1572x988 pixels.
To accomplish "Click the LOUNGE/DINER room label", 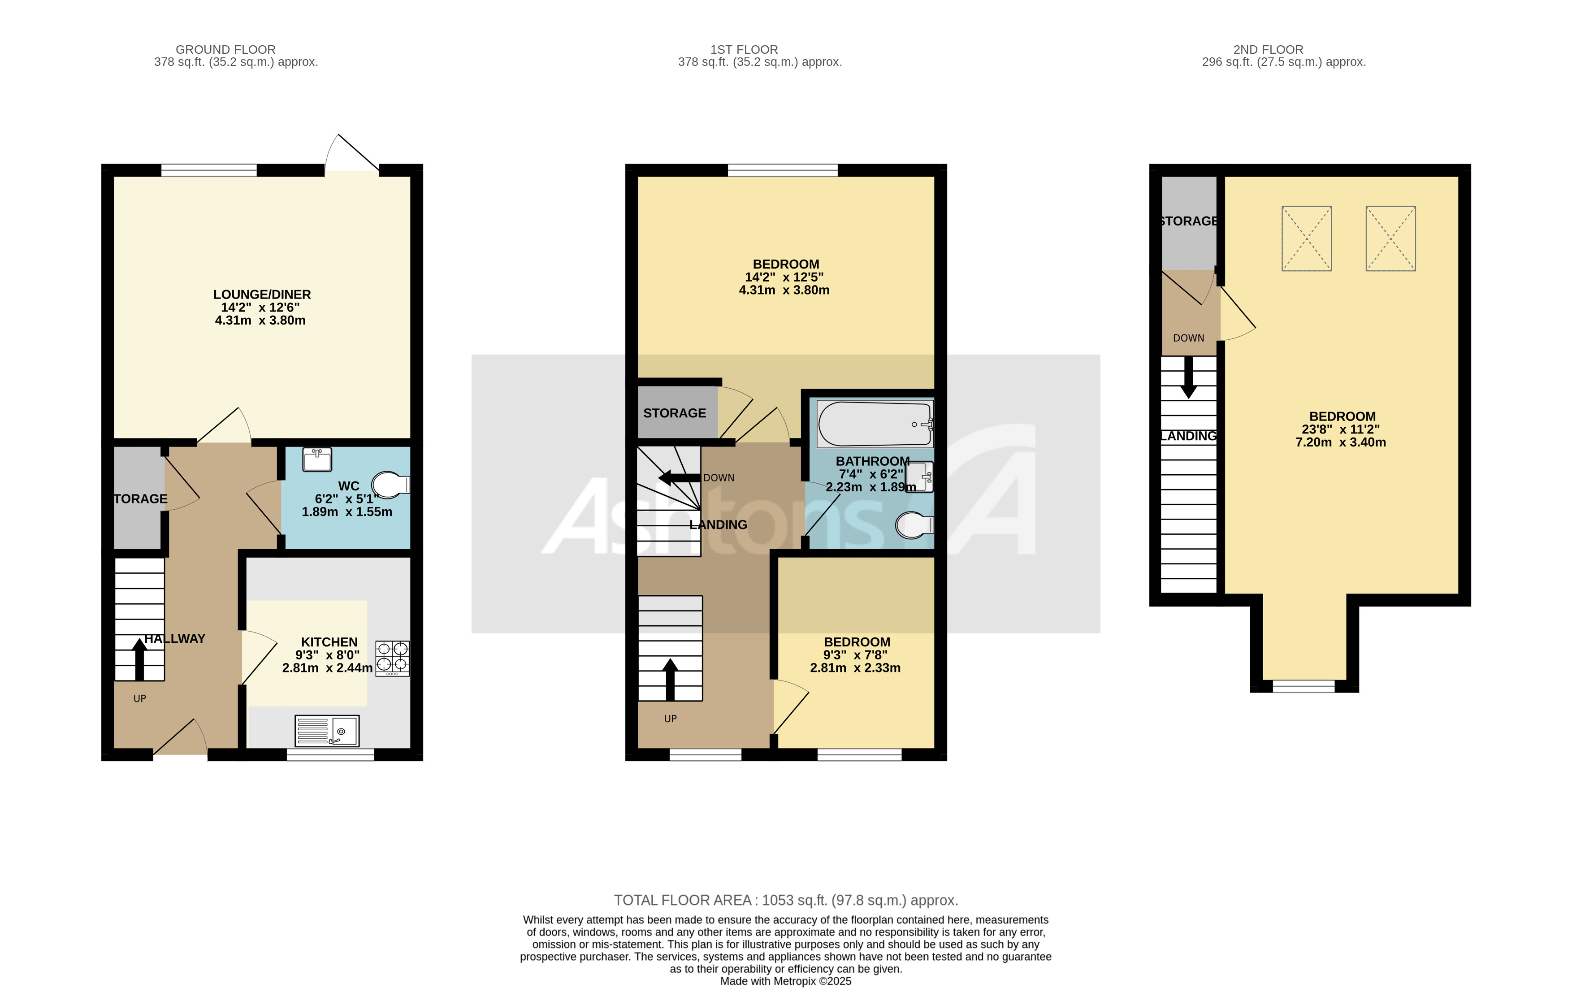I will click(262, 295).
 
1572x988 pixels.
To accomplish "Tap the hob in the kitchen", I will click(392, 658).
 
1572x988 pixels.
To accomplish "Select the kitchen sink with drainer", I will click(327, 731).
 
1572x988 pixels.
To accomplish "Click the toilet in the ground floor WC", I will click(390, 485).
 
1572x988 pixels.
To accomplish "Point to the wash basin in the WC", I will click(317, 459).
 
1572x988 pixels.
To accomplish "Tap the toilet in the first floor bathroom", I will click(914, 525).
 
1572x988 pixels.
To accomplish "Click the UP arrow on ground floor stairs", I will click(139, 659).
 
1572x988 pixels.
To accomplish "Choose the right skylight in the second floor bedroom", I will click(1390, 238).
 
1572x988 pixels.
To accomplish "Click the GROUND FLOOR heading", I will click(225, 50).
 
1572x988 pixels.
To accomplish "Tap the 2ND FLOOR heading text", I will click(1268, 50).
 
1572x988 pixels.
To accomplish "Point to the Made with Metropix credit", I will click(785, 981).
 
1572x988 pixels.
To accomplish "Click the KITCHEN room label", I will click(329, 642).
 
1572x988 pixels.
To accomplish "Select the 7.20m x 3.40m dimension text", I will click(1340, 442).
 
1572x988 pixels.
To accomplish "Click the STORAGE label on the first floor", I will click(674, 413).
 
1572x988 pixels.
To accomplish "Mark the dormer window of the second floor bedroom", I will click(1304, 686).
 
